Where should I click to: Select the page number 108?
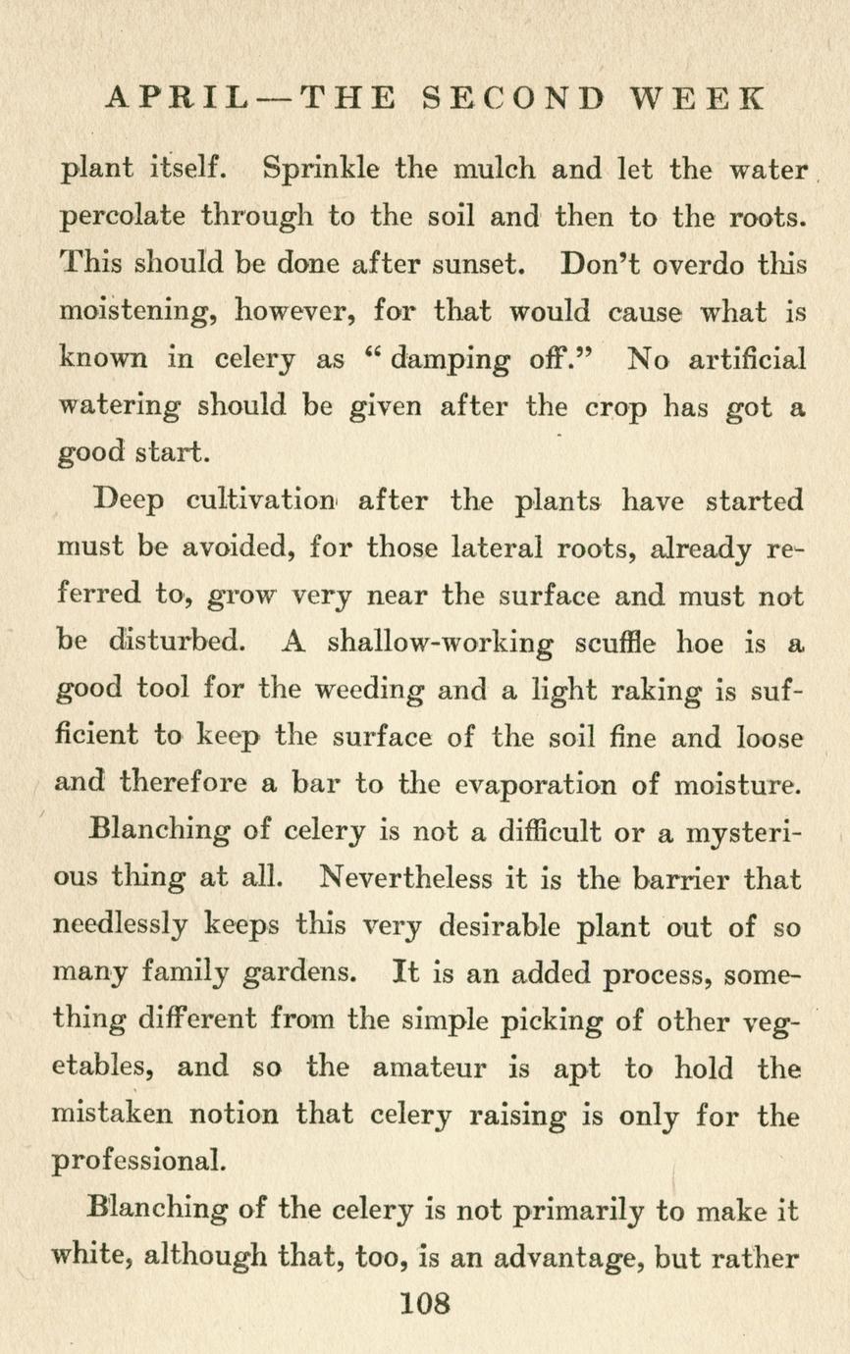click(425, 1304)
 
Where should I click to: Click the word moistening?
click(138, 312)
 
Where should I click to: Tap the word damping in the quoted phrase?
click(452, 360)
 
